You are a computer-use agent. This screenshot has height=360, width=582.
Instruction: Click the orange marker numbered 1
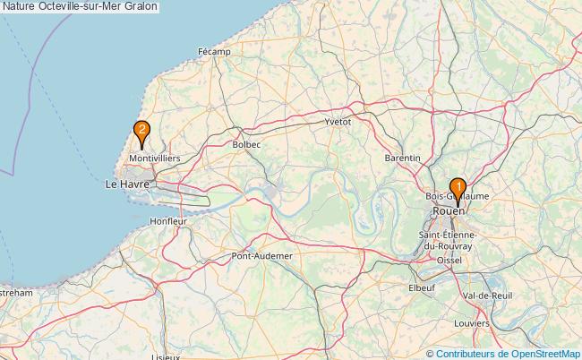point(458,189)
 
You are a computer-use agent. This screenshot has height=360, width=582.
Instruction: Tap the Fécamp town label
point(214,52)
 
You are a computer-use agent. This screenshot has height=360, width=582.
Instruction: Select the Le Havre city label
point(124,184)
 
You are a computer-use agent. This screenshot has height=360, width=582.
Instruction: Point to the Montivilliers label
point(155,158)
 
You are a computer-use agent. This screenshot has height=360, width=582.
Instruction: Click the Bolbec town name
point(246,143)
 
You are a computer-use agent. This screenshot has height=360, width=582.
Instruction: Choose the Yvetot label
point(338,120)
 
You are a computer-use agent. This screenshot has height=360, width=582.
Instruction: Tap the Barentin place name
point(402,158)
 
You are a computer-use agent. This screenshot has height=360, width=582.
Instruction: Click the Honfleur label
point(167,220)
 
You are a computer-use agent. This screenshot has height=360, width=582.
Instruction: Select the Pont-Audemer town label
point(262,255)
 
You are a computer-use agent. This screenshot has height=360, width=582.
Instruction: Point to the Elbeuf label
point(422,287)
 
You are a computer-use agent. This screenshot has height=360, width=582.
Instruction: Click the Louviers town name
point(472,322)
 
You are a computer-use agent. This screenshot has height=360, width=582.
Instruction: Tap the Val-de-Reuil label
point(488,296)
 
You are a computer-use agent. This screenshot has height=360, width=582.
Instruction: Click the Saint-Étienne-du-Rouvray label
point(447,239)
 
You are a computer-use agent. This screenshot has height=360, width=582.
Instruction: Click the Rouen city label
point(447,211)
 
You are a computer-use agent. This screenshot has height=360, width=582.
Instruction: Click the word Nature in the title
point(20,6)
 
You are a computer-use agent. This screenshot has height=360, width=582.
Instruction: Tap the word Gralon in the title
point(141,6)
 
